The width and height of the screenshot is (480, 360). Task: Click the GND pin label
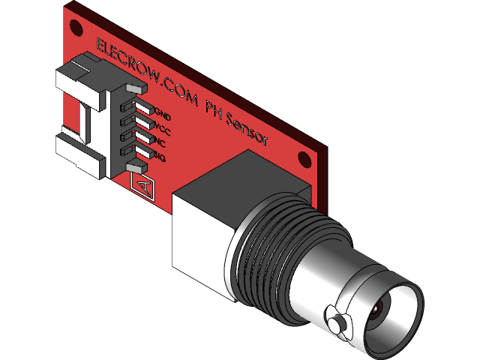[163, 117]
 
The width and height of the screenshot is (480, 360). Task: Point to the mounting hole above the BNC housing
[304, 159]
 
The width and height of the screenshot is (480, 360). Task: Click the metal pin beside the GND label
[143, 111]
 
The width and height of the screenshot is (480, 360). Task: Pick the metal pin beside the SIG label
[140, 152]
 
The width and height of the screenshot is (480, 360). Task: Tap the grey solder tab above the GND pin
[135, 89]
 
